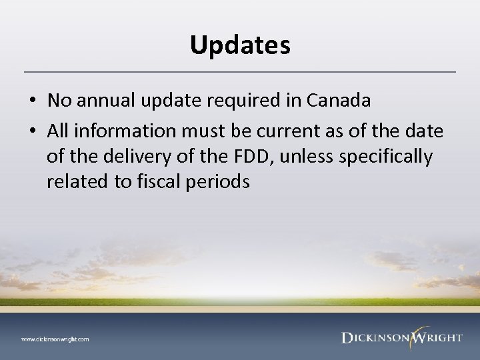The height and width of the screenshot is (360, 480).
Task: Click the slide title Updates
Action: point(240,45)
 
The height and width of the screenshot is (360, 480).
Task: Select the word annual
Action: point(97,100)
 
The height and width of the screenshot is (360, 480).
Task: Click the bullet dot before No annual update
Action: point(32,101)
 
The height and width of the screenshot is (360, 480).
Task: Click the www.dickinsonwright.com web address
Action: point(55,339)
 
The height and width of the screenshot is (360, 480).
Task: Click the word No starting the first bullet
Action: point(58,100)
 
